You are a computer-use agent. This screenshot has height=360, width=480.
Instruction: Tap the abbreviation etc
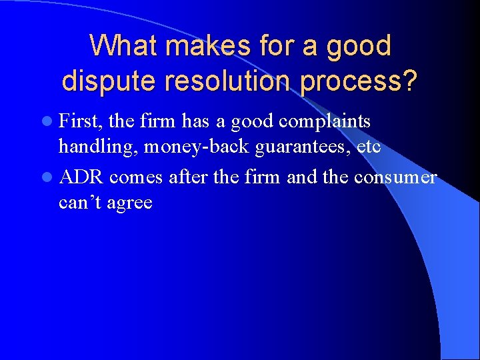tap(369, 146)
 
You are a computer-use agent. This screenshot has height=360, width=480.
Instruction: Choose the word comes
tap(137, 177)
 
